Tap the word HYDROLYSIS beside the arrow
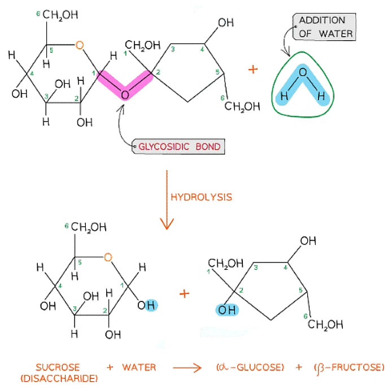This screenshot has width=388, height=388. coord(200,197)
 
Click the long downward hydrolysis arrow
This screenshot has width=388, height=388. coord(166,198)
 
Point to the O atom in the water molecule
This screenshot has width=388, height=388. coord(303,72)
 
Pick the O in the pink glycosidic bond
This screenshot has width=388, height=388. coord(125,95)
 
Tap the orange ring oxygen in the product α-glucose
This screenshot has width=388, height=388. coord(108,257)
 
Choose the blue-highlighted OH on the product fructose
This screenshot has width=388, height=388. coord(227,310)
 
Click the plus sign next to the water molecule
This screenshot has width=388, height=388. coord(252,69)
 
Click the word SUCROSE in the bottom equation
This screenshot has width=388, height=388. coord(57,368)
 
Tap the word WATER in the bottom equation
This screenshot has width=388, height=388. coord(139,368)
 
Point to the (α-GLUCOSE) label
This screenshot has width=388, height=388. coord(249,368)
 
